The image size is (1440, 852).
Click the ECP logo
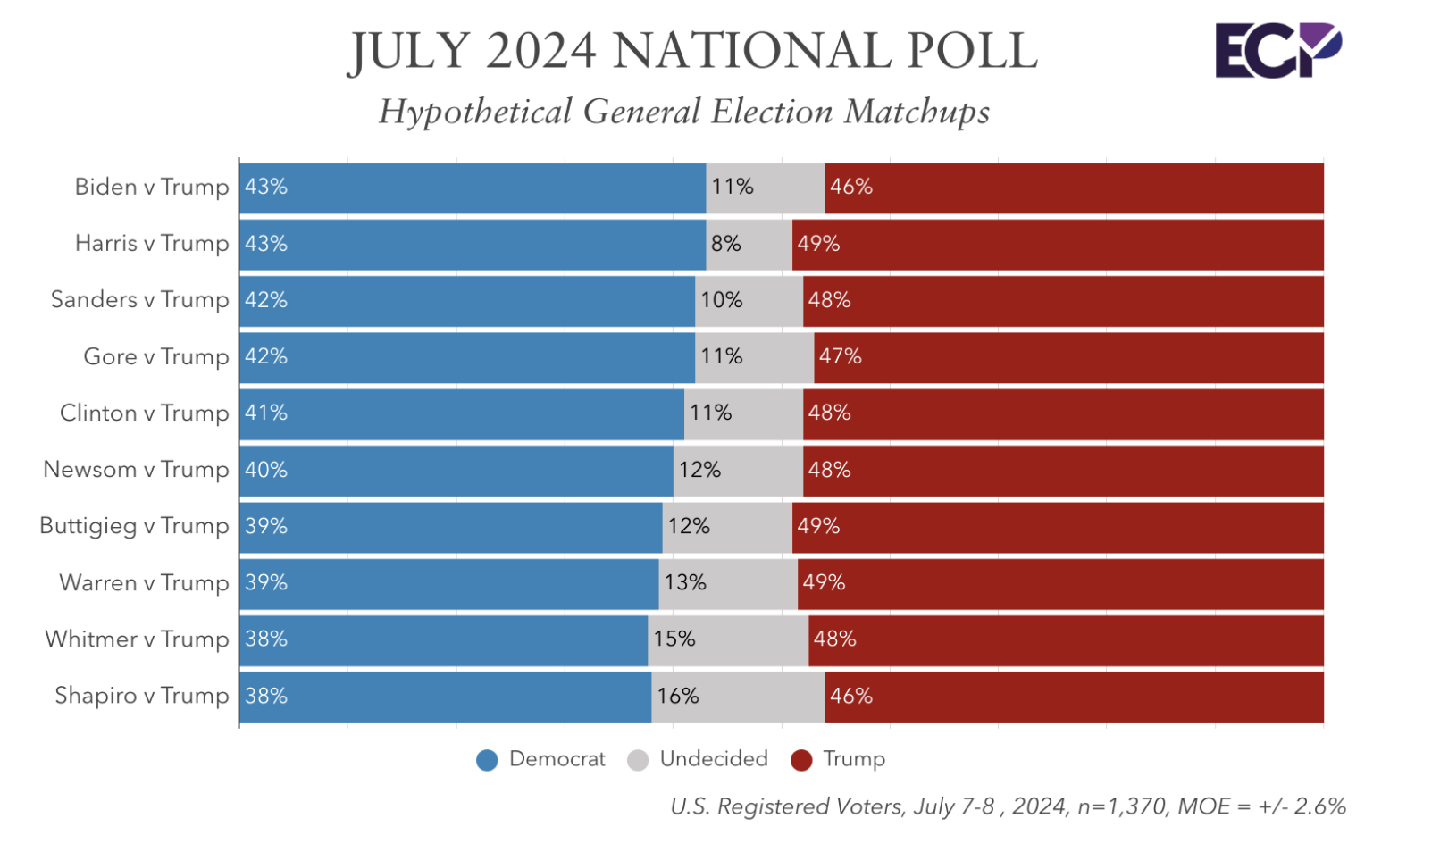(x=1277, y=50)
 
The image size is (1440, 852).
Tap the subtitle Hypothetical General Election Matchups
(x=684, y=112)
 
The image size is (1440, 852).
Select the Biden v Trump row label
(x=152, y=187)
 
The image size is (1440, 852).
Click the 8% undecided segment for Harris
(x=749, y=244)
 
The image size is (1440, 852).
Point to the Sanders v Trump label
(x=139, y=299)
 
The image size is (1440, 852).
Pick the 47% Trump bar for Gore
(x=1068, y=356)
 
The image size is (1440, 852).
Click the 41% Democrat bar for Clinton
(x=461, y=413)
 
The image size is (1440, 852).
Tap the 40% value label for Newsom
(x=266, y=470)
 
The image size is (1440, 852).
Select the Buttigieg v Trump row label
(x=134, y=526)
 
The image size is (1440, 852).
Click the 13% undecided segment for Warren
(x=728, y=583)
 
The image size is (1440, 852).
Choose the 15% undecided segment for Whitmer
(x=728, y=639)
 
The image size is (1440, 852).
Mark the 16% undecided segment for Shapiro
(x=738, y=697)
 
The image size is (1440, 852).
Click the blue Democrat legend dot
(x=487, y=760)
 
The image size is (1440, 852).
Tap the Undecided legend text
(x=714, y=759)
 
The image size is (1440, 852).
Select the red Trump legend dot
(x=801, y=760)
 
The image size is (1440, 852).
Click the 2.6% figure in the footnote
(x=1319, y=806)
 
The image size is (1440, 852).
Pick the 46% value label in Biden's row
(x=850, y=187)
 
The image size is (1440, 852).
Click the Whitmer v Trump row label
(x=137, y=639)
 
